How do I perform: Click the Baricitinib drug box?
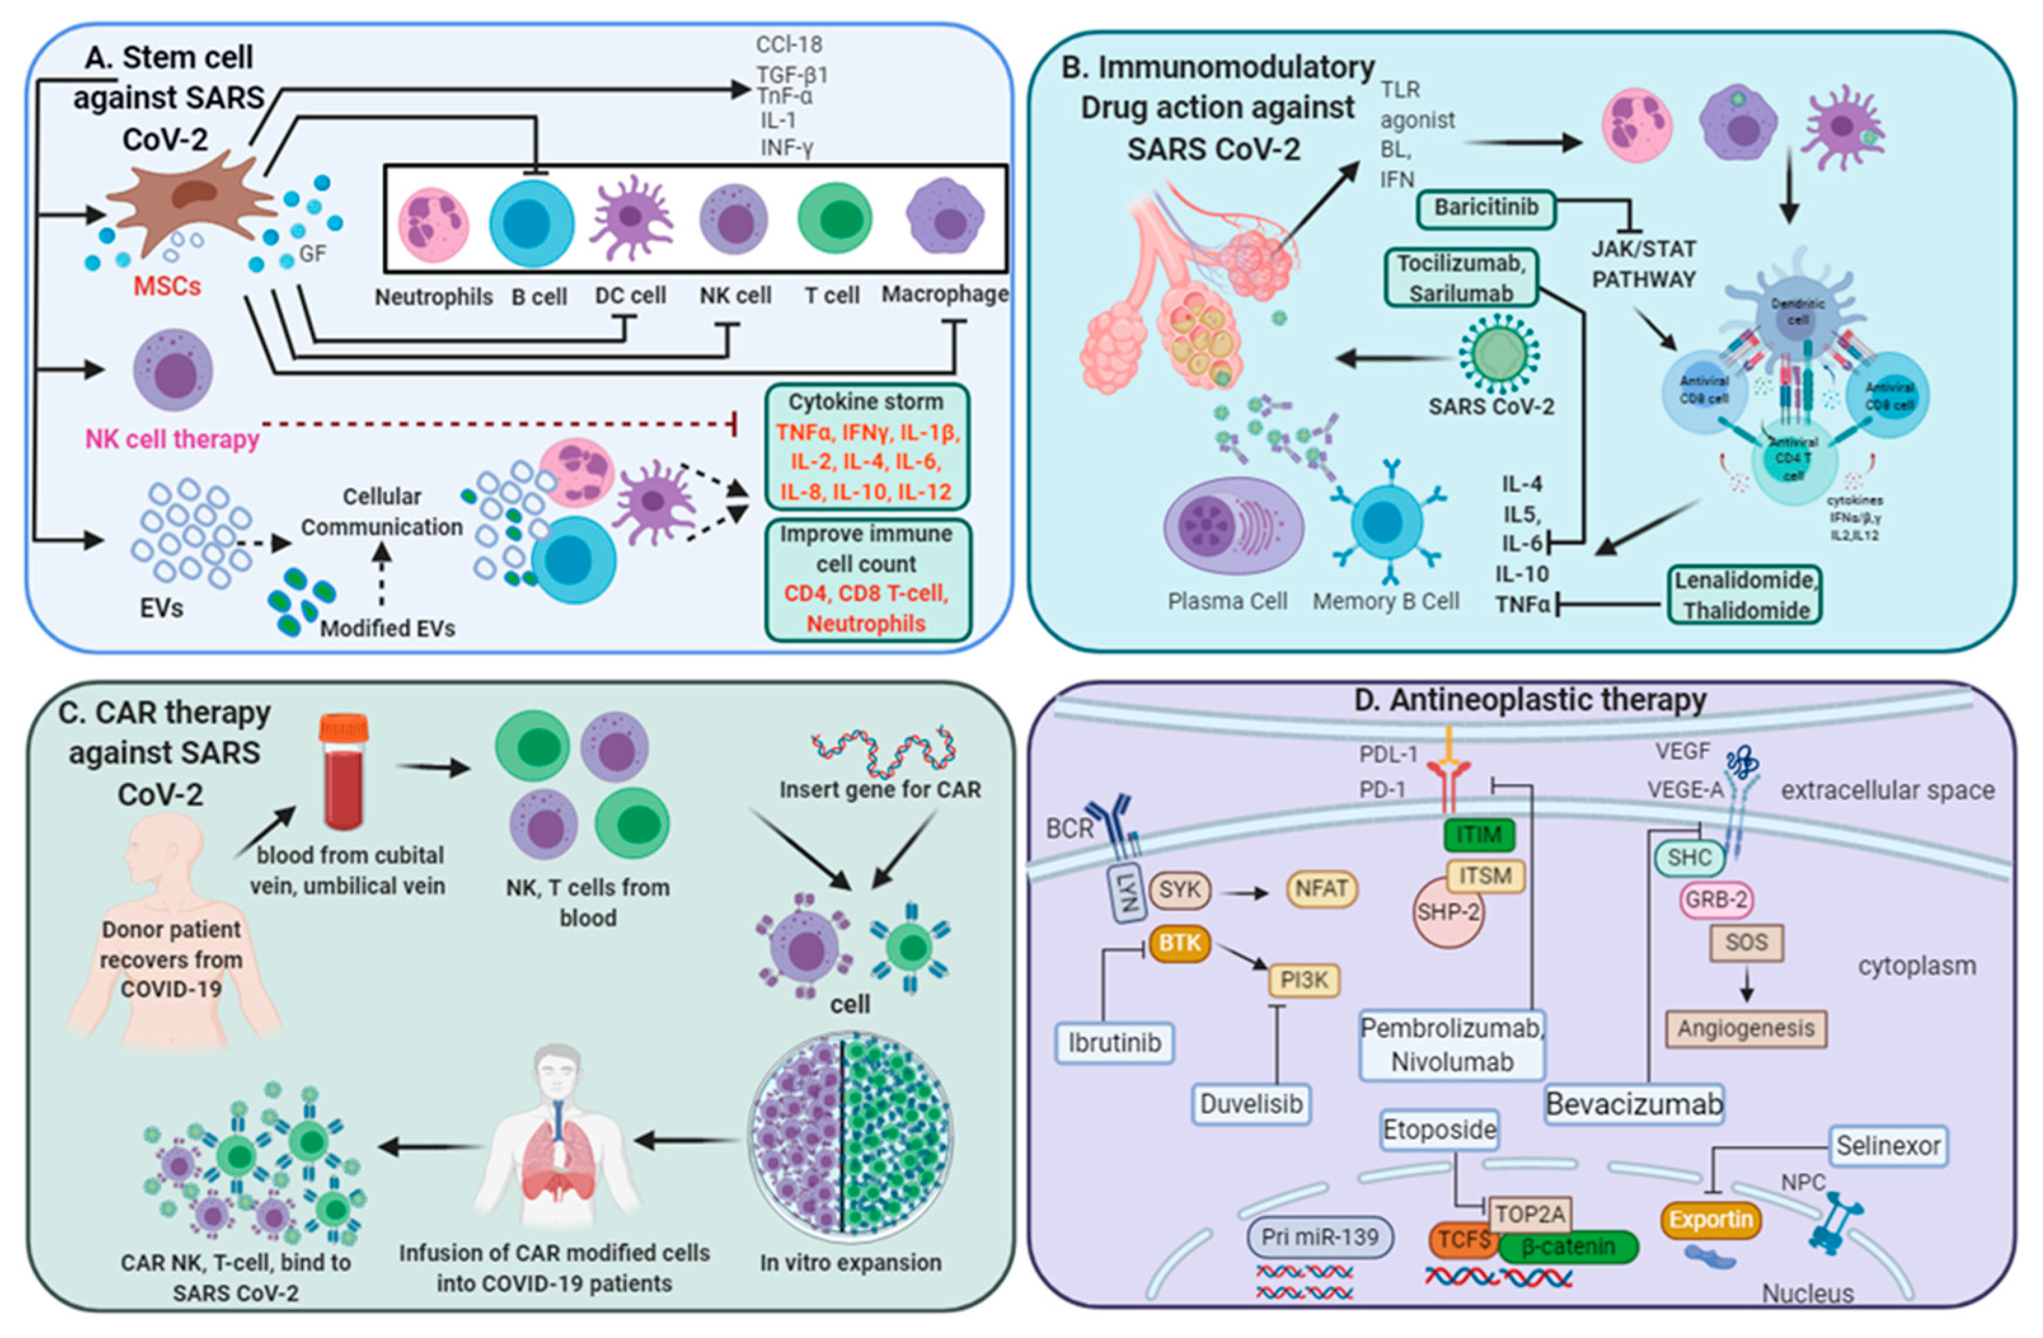point(1486,208)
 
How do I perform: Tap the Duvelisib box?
point(1251,1104)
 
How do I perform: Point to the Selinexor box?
point(1889,1145)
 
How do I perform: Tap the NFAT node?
point(1321,889)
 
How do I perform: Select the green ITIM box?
point(1479,834)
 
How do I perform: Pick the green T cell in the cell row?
point(834,218)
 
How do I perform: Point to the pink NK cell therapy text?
point(172,440)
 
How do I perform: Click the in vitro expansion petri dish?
point(850,1135)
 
